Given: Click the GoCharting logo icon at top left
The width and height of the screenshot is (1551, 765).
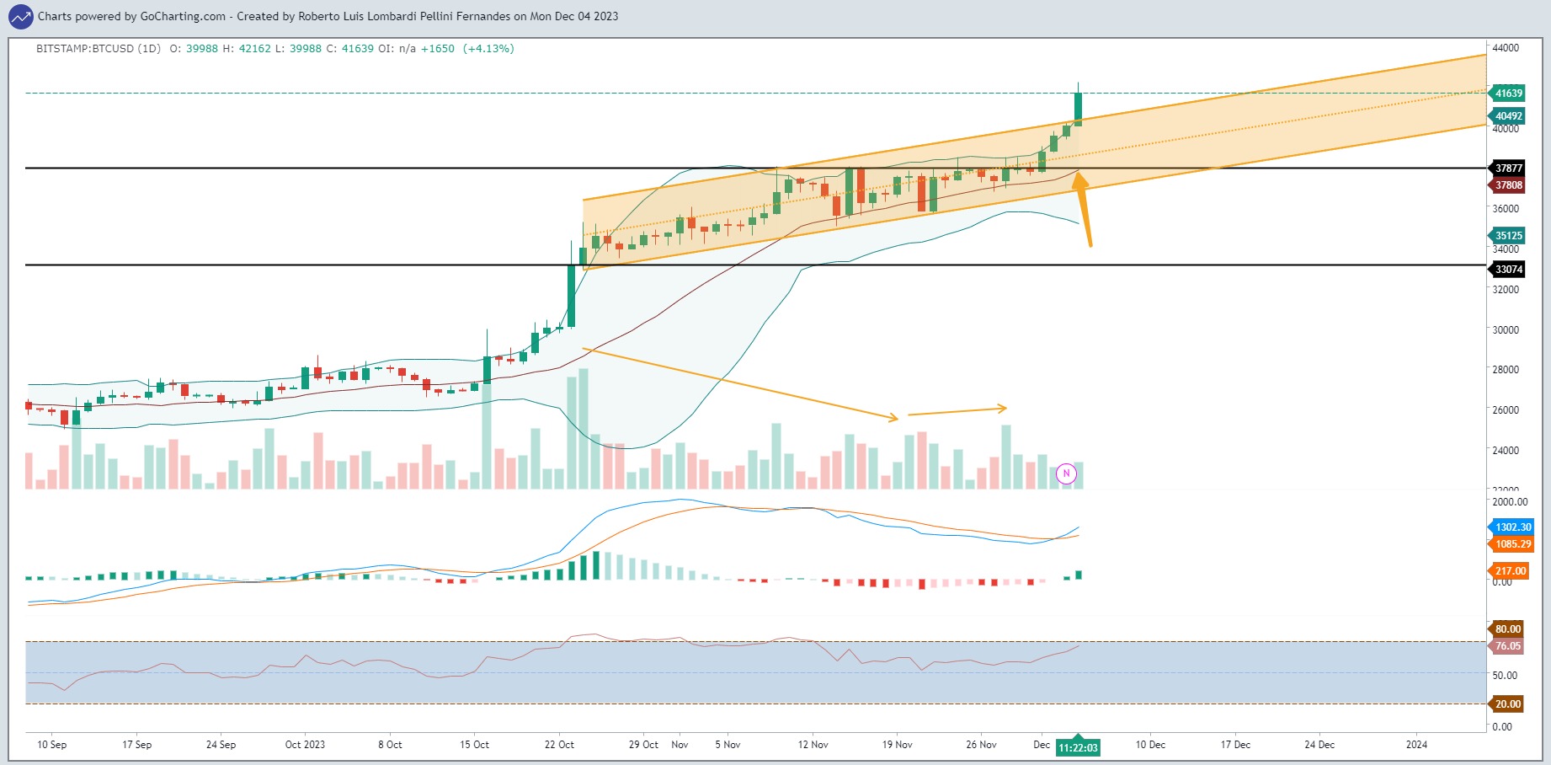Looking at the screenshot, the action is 20,17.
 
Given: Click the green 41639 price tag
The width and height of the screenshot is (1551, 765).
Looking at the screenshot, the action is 1507,94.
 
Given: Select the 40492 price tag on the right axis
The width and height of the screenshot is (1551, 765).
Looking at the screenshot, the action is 1507,116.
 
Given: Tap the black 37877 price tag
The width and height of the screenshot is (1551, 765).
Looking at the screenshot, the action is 1507,169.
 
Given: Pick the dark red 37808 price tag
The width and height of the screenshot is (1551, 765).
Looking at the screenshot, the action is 1507,185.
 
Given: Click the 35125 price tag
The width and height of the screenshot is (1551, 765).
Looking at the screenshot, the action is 1507,236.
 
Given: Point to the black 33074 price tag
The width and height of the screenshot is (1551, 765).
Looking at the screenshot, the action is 1507,270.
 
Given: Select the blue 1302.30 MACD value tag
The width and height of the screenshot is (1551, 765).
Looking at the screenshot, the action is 1512,527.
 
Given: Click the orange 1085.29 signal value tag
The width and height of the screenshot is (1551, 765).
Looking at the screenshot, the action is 1512,544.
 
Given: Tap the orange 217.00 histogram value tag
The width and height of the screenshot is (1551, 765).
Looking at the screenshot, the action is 1509,571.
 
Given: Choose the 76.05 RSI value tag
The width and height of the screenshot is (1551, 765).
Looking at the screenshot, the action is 1507,646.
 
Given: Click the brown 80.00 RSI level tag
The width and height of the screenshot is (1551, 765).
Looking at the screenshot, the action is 1507,629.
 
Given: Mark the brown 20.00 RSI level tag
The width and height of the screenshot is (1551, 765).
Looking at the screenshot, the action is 1507,704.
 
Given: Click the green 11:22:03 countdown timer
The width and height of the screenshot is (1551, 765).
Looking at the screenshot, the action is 1078,747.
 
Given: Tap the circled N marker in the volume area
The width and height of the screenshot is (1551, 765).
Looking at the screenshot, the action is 1067,473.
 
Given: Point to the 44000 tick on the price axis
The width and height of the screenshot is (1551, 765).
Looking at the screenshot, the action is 1506,48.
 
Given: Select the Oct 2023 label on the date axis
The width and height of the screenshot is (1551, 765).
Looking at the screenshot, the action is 305,745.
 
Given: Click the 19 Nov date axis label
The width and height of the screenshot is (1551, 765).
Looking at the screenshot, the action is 897,745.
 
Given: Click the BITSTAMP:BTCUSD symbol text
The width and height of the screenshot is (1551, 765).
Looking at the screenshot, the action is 85,49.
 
